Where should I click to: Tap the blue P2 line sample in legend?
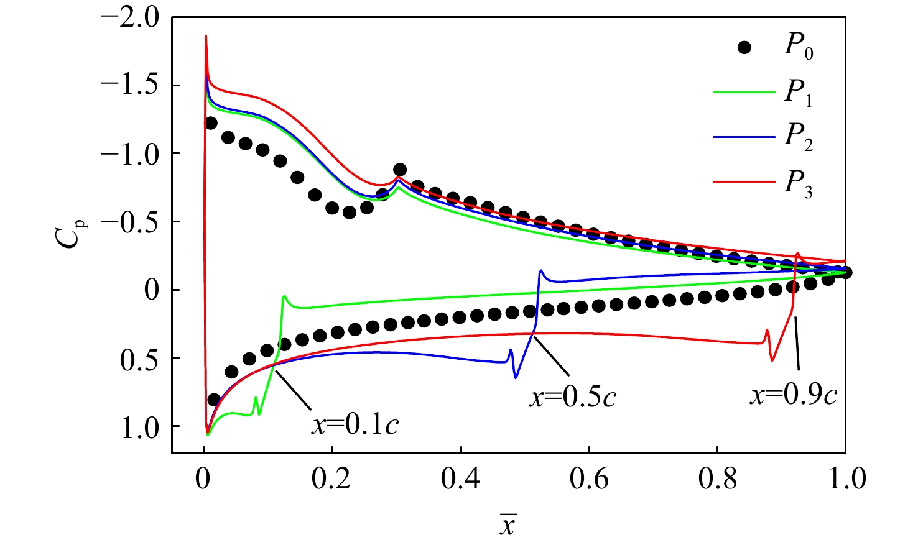pyautogui.click(x=744, y=137)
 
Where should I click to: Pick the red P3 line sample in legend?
pyautogui.click(x=744, y=182)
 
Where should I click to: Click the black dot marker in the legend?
pyautogui.click(x=744, y=48)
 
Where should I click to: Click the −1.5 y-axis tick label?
pyautogui.click(x=130, y=86)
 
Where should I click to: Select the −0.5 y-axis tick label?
pyautogui.click(x=130, y=222)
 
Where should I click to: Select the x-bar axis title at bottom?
pyautogui.click(x=508, y=525)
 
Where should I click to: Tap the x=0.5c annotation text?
pyautogui.click(x=573, y=396)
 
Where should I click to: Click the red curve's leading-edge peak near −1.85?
pyautogui.click(x=206, y=37)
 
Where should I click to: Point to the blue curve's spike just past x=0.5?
pyautogui.click(x=540, y=271)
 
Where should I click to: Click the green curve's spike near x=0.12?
pyautogui.click(x=284, y=296)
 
